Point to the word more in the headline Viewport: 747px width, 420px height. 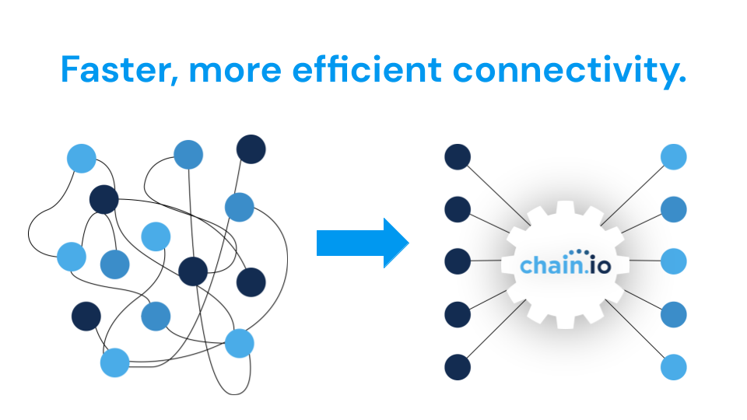[x=235, y=71]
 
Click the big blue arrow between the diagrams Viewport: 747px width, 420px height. [x=363, y=243]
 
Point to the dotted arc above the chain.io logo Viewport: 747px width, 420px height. [x=577, y=253]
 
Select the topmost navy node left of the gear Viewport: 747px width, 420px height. [x=458, y=156]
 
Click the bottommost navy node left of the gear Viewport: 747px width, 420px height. [x=458, y=366]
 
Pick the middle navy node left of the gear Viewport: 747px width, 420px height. [x=458, y=261]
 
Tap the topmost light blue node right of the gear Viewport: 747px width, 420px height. [x=674, y=156]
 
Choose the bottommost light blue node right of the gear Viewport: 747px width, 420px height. [x=674, y=366]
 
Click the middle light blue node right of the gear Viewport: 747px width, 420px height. [x=674, y=261]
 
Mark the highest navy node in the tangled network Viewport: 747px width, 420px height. [x=251, y=149]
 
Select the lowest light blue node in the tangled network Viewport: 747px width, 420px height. [x=114, y=362]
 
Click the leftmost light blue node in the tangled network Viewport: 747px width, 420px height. [x=72, y=256]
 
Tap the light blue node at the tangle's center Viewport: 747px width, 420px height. [x=156, y=236]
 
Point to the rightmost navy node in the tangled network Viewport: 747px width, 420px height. [x=251, y=282]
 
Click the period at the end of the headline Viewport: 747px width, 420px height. [x=682, y=80]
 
